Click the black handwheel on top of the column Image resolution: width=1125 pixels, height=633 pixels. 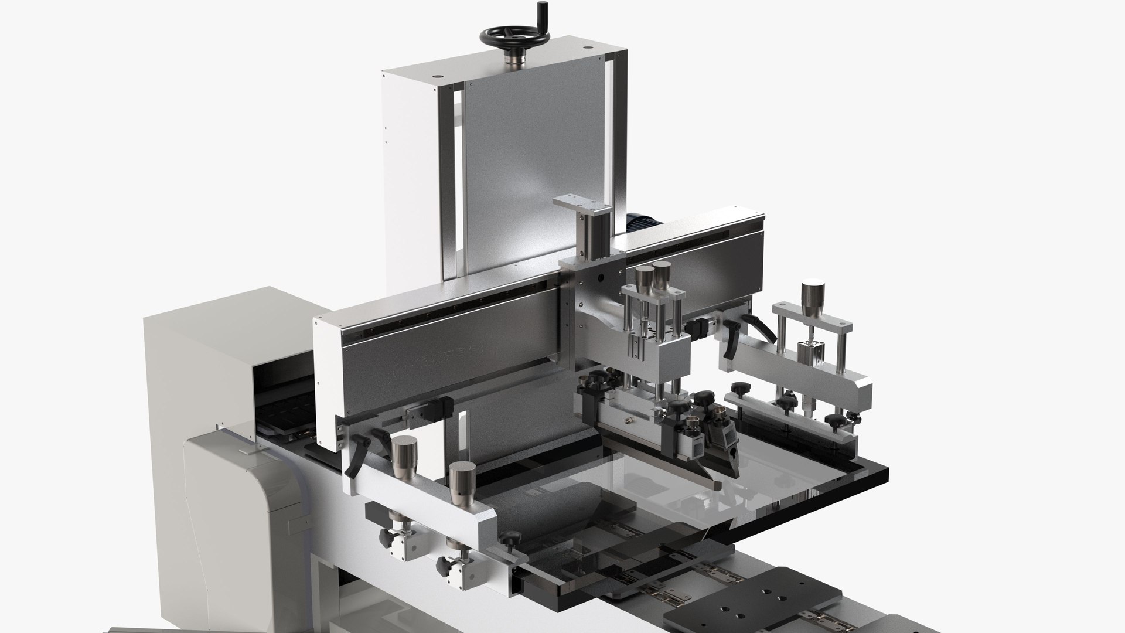515,36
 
